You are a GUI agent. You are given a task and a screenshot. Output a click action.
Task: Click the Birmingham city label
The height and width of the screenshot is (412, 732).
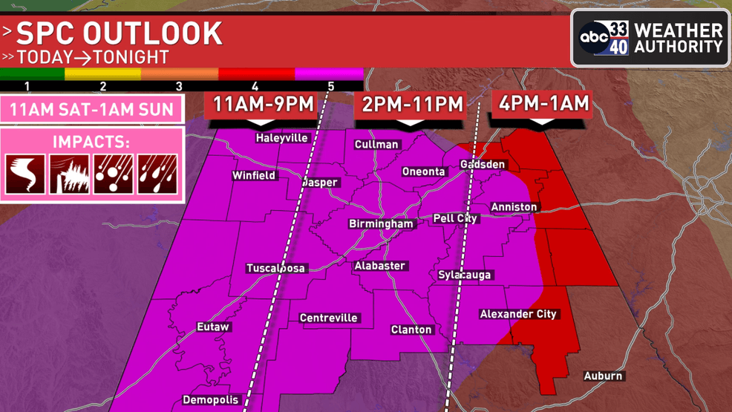click(x=381, y=223)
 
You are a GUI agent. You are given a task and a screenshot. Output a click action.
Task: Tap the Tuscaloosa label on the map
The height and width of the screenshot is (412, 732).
click(x=276, y=268)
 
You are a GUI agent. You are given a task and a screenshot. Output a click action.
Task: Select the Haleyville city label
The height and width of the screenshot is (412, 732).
click(x=281, y=138)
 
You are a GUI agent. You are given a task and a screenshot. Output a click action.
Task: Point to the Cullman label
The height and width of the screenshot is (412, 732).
click(x=376, y=145)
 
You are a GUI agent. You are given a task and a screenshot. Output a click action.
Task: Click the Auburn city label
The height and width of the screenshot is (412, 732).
click(x=603, y=376)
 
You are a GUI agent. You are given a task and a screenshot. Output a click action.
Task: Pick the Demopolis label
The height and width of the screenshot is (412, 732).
click(x=211, y=400)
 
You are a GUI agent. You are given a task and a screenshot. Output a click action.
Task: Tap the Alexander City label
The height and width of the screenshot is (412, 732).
click(x=518, y=314)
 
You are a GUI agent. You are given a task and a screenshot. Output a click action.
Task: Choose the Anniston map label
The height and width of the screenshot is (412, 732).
click(x=514, y=207)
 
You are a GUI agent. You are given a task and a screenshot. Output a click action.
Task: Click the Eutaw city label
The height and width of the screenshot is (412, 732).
click(x=213, y=327)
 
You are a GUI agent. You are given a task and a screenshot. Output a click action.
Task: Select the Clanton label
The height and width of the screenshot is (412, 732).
click(x=411, y=330)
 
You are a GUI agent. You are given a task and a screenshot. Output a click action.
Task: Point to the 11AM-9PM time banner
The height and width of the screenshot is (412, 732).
click(x=263, y=105)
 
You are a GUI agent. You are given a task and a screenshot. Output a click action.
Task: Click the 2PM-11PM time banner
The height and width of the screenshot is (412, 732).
click(x=412, y=105)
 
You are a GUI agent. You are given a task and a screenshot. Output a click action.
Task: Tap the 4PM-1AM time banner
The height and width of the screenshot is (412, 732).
click(x=544, y=103)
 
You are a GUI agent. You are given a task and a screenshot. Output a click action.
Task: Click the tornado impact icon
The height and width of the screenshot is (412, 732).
click(x=25, y=174)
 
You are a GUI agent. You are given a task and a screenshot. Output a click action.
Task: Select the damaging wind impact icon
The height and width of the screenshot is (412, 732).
click(x=69, y=174)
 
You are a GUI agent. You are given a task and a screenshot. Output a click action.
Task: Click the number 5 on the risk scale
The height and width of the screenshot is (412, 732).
click(x=331, y=86)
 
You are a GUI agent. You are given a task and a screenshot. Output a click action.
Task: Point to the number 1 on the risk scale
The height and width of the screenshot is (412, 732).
click(x=27, y=86)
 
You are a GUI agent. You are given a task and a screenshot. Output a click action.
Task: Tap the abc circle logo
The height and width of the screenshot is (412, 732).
click(x=594, y=37)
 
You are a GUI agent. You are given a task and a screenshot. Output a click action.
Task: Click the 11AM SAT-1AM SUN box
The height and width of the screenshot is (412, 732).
click(x=91, y=110)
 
